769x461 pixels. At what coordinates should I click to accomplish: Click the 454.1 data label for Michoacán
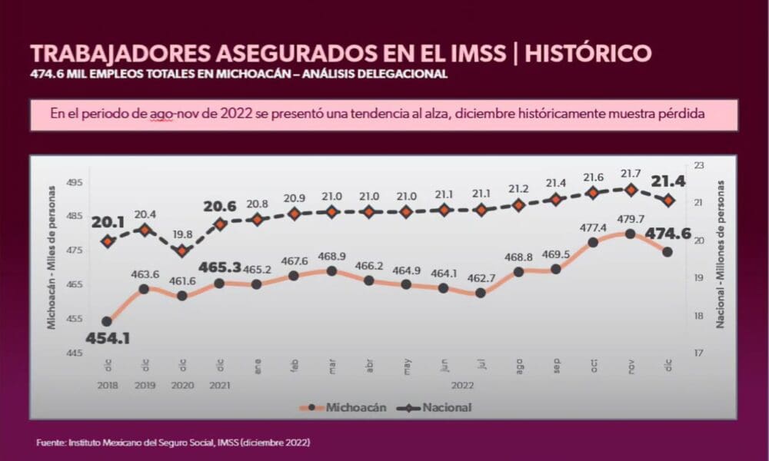point(107,339)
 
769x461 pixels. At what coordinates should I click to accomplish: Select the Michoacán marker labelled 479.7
point(631,233)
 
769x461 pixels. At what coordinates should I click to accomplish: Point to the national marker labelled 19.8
point(181,251)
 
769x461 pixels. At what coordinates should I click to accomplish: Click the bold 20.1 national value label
point(108,221)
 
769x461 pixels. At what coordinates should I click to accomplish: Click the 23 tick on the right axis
point(698,165)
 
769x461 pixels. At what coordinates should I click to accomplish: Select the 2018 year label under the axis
point(107,386)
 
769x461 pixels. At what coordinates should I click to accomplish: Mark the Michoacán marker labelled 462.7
point(481,293)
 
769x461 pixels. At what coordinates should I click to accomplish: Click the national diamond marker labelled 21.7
point(631,190)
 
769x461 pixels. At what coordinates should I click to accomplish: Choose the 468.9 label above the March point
point(331,256)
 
